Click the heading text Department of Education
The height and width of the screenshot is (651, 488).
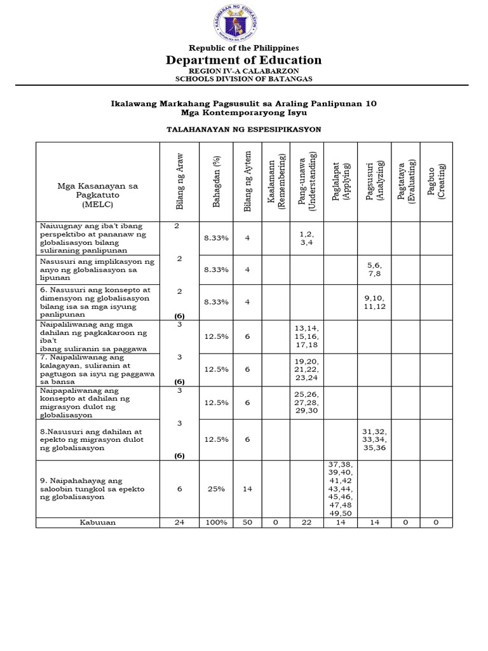[244, 60]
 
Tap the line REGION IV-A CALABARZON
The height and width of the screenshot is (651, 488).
[243, 71]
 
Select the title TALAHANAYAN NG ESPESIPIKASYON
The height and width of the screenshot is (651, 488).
[243, 129]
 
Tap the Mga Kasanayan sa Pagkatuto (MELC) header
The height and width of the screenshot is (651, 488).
[97, 196]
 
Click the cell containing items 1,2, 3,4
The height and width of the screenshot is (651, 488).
[307, 238]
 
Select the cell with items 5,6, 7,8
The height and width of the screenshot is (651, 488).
[374, 269]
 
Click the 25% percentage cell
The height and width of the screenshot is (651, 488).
[216, 488]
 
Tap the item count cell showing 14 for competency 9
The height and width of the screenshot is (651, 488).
[248, 488]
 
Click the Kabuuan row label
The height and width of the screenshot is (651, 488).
[97, 522]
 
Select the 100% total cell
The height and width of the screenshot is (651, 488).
[216, 522]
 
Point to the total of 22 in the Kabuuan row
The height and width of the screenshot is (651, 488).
[307, 522]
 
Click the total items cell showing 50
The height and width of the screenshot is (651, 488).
[248, 522]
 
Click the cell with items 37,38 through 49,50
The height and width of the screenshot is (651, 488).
[341, 488]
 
